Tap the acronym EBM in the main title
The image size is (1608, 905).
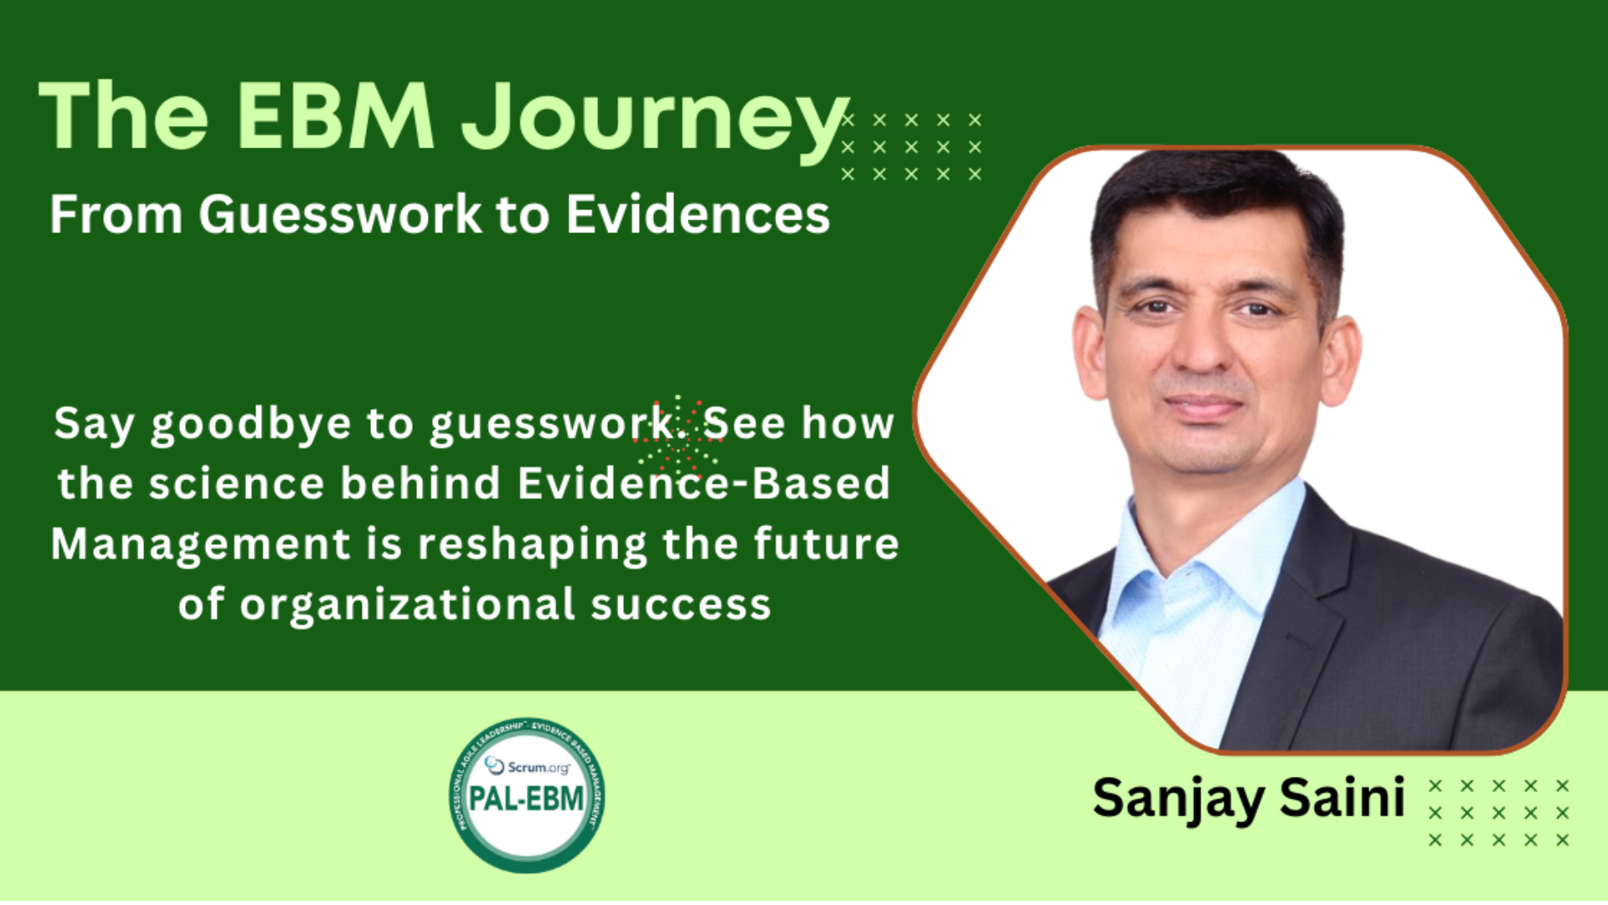coord(335,116)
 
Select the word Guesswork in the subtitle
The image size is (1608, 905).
coord(340,215)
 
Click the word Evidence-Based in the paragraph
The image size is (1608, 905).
coord(703,484)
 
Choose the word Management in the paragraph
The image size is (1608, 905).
coord(201,545)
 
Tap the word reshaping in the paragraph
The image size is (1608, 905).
coord(533,545)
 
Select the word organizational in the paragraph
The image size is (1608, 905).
coord(408,604)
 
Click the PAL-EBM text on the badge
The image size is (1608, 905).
coord(527,798)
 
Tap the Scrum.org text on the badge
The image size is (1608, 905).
coord(528,766)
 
